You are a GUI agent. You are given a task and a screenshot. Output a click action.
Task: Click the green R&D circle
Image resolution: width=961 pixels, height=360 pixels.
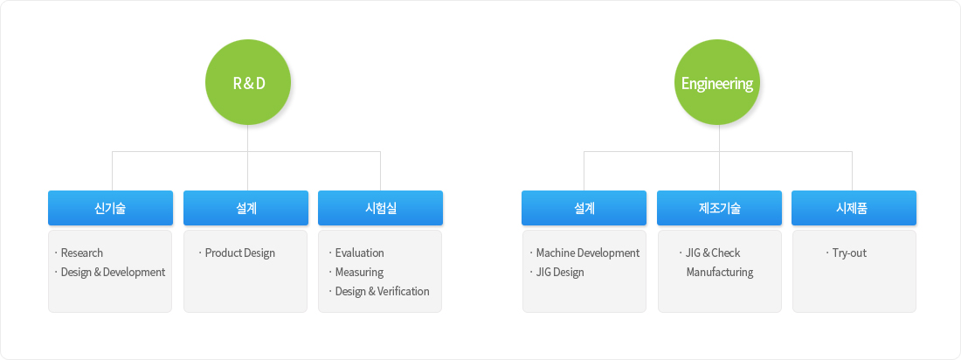(247, 83)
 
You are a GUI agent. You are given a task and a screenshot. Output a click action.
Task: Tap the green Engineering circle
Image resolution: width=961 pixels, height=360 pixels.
(717, 83)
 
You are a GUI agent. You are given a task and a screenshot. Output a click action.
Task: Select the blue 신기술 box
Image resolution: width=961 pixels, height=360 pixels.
(110, 208)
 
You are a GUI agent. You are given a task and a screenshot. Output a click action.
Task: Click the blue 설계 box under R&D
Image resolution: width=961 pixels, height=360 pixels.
(245, 208)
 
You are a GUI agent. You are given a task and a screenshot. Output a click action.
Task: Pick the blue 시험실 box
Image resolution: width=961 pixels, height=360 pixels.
(381, 208)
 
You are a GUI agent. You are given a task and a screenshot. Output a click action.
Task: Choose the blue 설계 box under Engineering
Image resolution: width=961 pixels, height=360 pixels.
(584, 208)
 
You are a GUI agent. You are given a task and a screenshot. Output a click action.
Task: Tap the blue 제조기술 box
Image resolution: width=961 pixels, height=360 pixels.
(720, 208)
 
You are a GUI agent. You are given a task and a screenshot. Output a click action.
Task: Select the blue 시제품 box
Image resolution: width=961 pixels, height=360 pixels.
(854, 208)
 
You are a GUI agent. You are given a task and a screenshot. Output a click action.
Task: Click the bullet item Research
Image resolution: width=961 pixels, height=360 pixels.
(82, 253)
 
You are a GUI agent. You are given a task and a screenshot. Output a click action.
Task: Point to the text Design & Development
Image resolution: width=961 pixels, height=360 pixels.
(114, 273)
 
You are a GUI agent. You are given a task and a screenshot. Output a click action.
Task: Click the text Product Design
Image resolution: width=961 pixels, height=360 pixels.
(240, 253)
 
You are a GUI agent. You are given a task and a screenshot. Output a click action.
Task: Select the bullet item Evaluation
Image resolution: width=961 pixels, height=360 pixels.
(360, 253)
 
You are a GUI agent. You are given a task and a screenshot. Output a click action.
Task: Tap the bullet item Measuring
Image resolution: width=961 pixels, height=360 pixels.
(359, 273)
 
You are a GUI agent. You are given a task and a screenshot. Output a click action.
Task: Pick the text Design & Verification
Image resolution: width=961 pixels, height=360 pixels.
(383, 291)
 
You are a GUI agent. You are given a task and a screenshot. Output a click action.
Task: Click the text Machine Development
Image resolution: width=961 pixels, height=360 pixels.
(588, 253)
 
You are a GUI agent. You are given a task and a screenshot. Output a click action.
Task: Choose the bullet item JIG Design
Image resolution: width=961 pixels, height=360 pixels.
(560, 273)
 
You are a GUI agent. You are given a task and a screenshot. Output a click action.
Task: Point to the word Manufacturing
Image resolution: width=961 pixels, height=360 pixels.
(720, 273)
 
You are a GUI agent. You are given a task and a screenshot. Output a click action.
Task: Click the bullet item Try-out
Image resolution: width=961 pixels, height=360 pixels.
(849, 253)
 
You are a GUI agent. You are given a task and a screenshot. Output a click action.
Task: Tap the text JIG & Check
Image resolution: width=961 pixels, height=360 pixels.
(714, 253)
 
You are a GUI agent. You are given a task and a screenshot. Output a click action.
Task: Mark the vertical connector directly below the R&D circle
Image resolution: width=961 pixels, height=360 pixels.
(247, 158)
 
